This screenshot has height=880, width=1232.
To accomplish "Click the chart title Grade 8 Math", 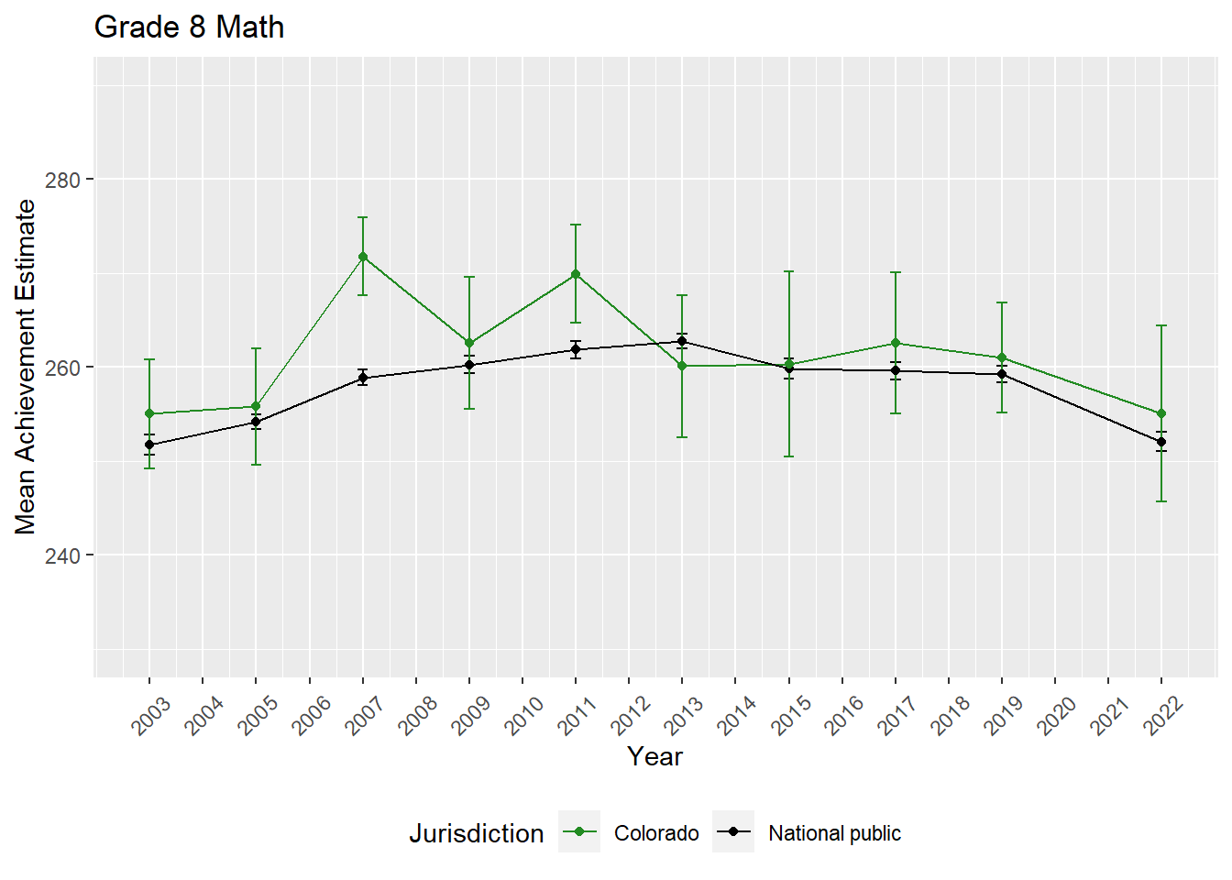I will point(189,27).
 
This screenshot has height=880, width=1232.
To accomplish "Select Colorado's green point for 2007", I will point(363,257).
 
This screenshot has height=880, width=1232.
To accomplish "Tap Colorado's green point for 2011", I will point(576,274).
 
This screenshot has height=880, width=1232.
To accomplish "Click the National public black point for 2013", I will point(682,341).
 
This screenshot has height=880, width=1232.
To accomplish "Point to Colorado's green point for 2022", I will point(1161,413).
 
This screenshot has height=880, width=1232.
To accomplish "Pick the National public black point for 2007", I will point(363,378).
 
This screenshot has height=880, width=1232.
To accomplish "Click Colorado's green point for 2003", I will point(149,413).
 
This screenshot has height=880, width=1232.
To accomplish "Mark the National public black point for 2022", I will point(1161,442).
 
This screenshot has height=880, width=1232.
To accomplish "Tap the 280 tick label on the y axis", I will point(63,180).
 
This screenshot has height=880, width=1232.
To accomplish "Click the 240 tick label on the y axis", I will point(63,555).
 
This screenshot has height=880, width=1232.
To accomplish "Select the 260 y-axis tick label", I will point(63,368).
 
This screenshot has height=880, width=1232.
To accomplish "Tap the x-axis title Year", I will point(654,756).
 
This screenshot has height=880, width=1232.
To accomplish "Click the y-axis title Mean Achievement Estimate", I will point(26,367).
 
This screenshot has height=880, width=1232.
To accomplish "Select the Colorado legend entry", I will point(655,833).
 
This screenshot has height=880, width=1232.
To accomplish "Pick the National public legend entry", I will point(834,833).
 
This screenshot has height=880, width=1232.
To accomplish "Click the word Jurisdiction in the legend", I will point(476,833).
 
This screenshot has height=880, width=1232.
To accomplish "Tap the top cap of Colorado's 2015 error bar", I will point(788,271).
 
